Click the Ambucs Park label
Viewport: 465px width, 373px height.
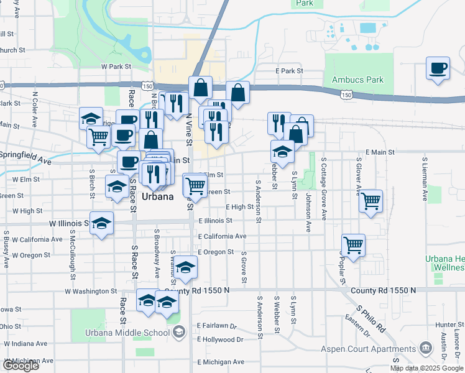point(357,80)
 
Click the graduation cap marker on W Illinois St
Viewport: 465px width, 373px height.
point(101,223)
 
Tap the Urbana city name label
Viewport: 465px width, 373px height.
point(158,196)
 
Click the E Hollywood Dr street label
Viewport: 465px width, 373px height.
point(221,340)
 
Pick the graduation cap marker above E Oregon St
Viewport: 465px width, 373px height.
point(185,267)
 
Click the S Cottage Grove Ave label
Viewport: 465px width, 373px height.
point(324,188)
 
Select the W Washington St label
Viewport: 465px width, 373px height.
point(91,291)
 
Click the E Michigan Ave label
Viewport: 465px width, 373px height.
point(221,362)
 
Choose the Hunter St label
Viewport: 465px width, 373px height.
point(446,325)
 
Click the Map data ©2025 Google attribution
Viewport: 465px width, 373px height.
point(426,368)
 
